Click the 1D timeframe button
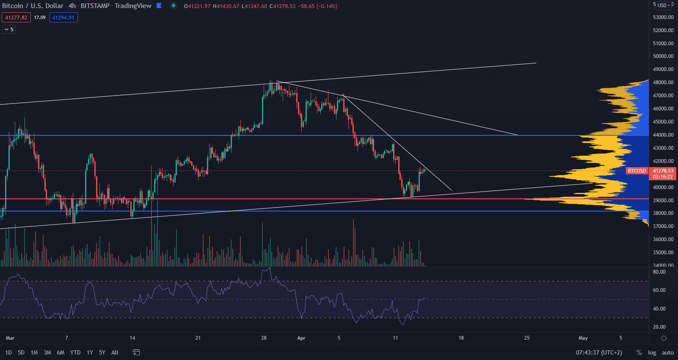(x=8, y=352)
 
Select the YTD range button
(x=75, y=352)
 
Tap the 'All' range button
(x=115, y=352)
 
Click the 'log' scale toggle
(x=652, y=352)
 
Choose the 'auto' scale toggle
(x=667, y=352)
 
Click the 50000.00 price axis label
(x=663, y=56)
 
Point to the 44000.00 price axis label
(x=663, y=135)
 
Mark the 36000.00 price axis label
(x=663, y=239)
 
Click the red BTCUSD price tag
(x=637, y=171)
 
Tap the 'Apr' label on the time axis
(x=301, y=338)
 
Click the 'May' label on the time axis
(x=583, y=338)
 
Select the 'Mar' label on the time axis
(x=10, y=338)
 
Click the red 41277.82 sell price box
(x=16, y=17)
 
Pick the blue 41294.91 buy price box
(x=63, y=17)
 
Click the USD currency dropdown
(x=664, y=5)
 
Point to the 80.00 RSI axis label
(x=659, y=272)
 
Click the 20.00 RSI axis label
(x=659, y=327)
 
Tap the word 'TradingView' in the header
(x=133, y=6)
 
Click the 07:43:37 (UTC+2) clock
(x=599, y=352)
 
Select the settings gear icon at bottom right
(x=664, y=338)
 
